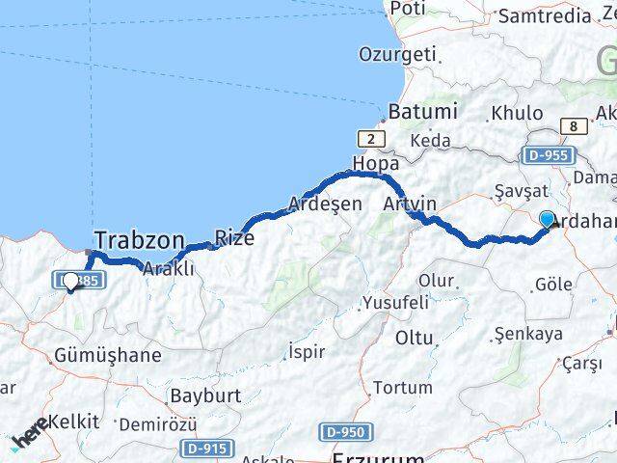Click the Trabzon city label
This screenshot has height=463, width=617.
(139, 240)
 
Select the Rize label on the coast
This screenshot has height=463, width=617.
(234, 236)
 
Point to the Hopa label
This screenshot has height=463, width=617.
(376, 163)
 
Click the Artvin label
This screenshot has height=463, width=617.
(410, 204)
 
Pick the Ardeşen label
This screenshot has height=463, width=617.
(326, 204)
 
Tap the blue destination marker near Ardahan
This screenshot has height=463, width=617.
(548, 220)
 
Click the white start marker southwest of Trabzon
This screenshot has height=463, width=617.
(70, 282)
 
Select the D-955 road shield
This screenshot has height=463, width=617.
(548, 154)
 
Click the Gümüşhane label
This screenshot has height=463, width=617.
(108, 355)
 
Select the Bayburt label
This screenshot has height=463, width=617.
(204, 395)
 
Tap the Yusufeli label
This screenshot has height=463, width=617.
(394, 303)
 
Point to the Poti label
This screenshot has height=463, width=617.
(409, 9)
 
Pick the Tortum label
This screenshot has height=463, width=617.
(402, 388)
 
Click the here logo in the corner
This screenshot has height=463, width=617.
(29, 435)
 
